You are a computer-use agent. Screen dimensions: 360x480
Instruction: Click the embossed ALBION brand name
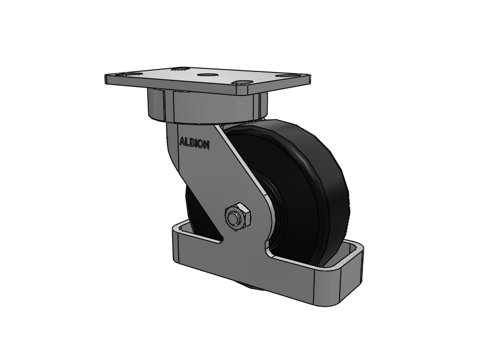(194, 143)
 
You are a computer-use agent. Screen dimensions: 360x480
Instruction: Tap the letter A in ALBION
(182, 142)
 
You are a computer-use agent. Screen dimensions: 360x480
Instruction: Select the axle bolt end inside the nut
(233, 215)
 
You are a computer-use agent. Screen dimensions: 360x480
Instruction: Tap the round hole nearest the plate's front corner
(242, 83)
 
